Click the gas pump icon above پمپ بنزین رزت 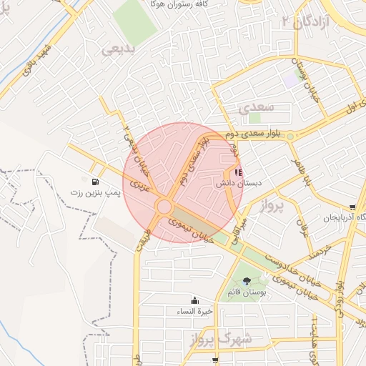95,181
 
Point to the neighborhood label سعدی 257,109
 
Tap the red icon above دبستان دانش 238,172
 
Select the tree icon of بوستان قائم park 247,281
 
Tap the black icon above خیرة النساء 195,301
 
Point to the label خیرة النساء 195,312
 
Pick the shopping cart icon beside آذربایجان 352,207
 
